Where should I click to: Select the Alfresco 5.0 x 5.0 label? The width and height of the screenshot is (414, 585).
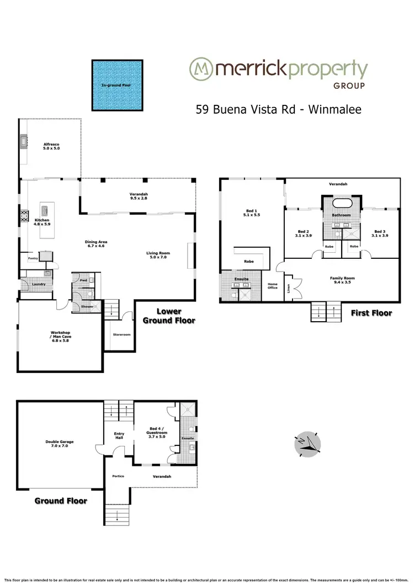[51, 146]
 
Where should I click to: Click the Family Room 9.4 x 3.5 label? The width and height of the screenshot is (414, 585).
[341, 280]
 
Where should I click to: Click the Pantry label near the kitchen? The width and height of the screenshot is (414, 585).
[32, 258]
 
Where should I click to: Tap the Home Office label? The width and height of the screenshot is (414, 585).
[273, 286]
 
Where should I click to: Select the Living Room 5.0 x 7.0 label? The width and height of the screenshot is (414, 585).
[157, 256]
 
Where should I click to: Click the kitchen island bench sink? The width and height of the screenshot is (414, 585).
[44, 210]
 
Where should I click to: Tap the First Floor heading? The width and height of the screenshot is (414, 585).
[371, 313]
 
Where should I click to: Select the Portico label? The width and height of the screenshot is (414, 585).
[117, 476]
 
